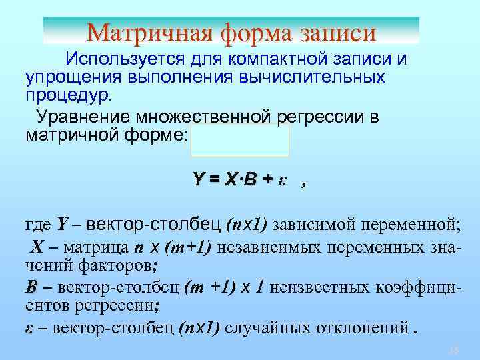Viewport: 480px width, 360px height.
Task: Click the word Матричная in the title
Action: (x=139, y=31)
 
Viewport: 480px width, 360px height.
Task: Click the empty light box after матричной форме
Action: (x=240, y=140)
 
